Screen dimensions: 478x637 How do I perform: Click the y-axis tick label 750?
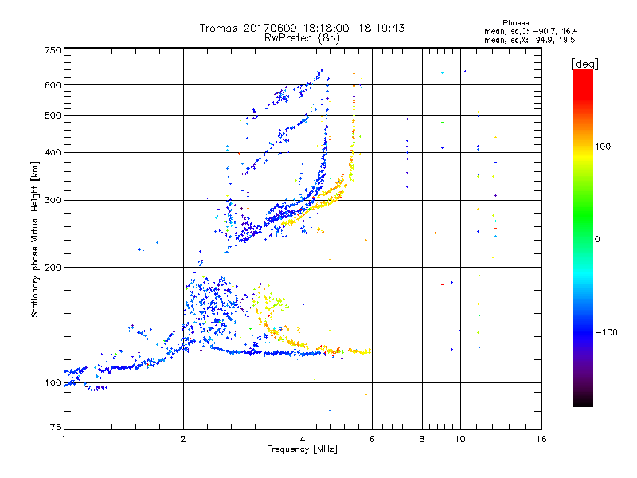point(53,50)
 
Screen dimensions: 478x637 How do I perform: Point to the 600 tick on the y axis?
point(53,85)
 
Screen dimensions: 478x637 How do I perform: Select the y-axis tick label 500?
point(53,116)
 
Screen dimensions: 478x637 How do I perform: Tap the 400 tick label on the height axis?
point(53,152)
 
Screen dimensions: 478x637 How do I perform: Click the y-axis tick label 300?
point(53,200)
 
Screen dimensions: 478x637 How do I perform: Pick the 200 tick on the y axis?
point(53,267)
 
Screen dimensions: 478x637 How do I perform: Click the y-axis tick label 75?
point(55,428)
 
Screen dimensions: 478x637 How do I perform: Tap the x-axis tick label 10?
point(459,439)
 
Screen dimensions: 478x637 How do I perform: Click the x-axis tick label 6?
point(372,439)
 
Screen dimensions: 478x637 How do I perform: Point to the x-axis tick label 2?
point(183,439)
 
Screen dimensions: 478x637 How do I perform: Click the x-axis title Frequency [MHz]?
point(302,449)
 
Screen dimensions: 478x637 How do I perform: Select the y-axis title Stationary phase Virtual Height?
point(35,239)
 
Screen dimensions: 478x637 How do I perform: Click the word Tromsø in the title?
point(221,28)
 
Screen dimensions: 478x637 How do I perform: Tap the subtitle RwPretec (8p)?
point(302,37)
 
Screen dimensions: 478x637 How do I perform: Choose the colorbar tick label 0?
point(598,239)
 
